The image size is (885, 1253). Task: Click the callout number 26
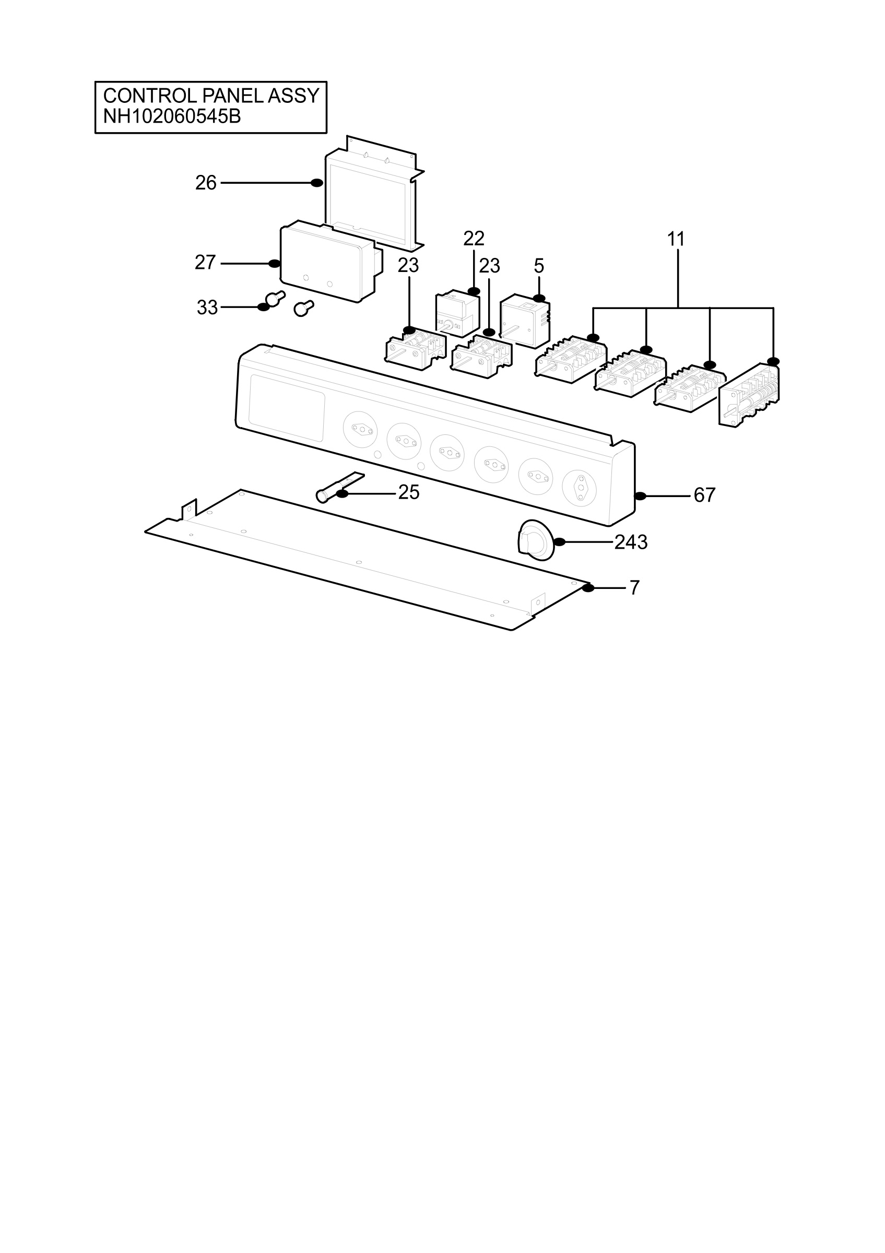coord(206,183)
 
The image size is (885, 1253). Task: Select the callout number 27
coord(205,263)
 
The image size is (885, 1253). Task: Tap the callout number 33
coord(207,308)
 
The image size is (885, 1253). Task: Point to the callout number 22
coord(474,239)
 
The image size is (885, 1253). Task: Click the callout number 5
coord(538,266)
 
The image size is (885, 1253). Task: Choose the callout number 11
coord(676,239)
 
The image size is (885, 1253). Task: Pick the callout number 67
coord(704,495)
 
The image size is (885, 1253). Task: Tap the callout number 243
coord(631,542)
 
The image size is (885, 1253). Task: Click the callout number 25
coord(409,493)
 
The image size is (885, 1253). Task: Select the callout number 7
coord(634,588)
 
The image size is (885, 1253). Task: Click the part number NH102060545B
coord(172,116)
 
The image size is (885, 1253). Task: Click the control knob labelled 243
coord(535,539)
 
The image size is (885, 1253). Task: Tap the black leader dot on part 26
coord(316,183)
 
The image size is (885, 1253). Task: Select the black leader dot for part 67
coord(640,496)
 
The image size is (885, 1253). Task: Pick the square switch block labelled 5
coord(525,321)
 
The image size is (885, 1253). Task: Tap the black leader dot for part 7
coord(587,588)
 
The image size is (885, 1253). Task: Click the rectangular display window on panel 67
coord(287,408)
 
